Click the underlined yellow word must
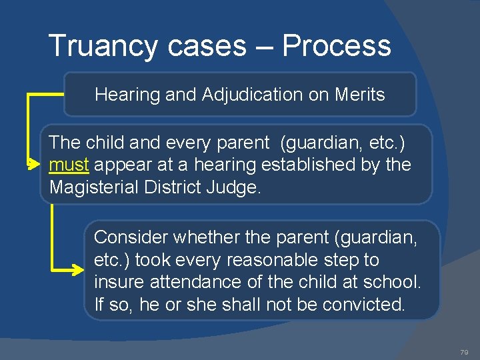[x=69, y=164]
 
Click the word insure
[x=118, y=282]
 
